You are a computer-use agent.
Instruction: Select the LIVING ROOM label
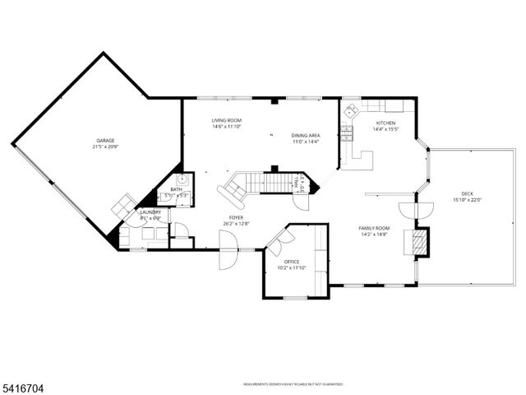(x=226, y=120)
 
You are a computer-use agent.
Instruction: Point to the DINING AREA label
(x=305, y=135)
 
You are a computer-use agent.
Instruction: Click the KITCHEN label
(x=385, y=123)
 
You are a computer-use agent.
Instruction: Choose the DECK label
(x=467, y=193)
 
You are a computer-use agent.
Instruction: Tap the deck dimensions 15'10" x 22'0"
(x=467, y=200)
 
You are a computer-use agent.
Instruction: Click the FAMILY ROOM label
(x=374, y=228)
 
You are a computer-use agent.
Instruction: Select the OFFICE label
(x=292, y=262)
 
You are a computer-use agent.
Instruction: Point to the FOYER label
(x=235, y=217)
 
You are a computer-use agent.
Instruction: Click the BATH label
(x=177, y=189)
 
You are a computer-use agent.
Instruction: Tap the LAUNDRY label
(x=150, y=212)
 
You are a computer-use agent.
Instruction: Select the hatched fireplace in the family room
(x=419, y=240)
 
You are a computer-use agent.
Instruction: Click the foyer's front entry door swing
(x=227, y=250)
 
